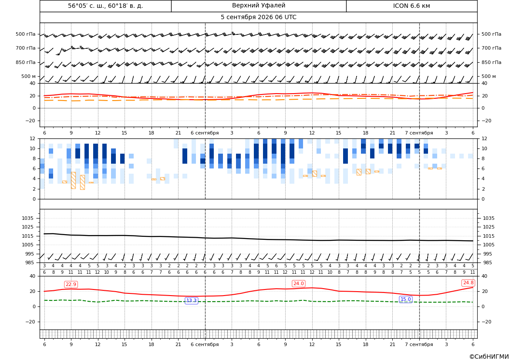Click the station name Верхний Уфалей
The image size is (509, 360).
pyautogui.click(x=259, y=6)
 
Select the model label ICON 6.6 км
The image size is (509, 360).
pyautogui.click(x=411, y=6)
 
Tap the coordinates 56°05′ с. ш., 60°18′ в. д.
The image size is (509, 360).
pyautogui.click(x=105, y=6)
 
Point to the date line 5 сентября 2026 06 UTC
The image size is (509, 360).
pyautogui.click(x=258, y=17)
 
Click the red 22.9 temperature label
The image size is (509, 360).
pyautogui.click(x=71, y=284)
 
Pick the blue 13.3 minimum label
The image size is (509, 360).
pyautogui.click(x=191, y=301)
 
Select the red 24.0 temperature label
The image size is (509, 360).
pyautogui.click(x=298, y=283)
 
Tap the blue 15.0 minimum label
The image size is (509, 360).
pyautogui.click(x=405, y=299)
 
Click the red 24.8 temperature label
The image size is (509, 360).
pyautogui.click(x=468, y=283)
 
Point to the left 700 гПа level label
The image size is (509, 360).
pyautogui.click(x=26, y=48)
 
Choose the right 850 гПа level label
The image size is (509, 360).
pyautogui.click(x=491, y=62)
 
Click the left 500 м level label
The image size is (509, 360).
pyautogui.click(x=29, y=76)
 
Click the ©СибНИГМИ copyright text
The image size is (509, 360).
pyautogui.click(x=489, y=357)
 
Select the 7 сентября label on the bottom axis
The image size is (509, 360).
pyautogui.click(x=419, y=344)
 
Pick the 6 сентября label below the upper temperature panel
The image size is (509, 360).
pyautogui.click(x=205, y=133)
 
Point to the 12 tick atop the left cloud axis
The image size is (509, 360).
pyautogui.click(x=32, y=138)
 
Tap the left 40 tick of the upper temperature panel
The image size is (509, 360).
pyautogui.click(x=32, y=84)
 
